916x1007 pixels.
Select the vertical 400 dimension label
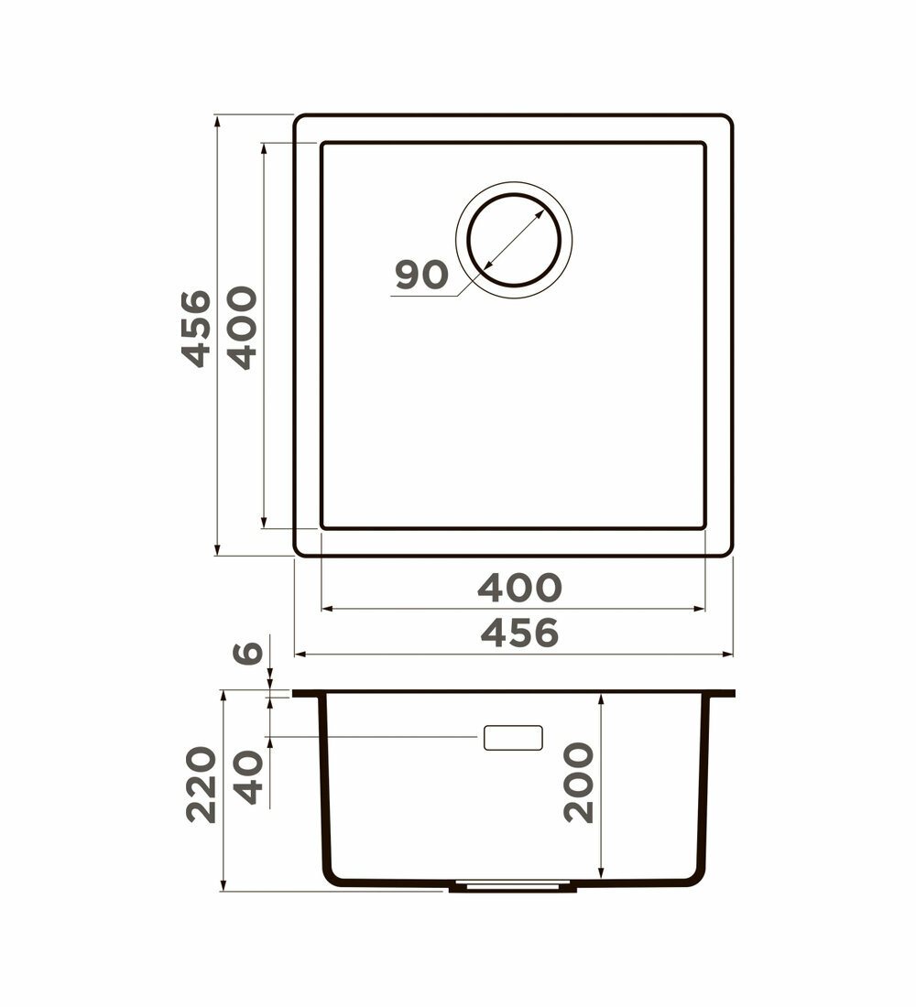pos(243,328)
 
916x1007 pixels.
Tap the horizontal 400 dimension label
pos(519,588)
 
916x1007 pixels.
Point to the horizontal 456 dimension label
pos(519,633)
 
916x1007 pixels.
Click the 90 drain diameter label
pos(421,275)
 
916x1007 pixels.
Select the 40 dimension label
pos(248,777)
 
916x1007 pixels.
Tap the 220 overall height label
pos(202,785)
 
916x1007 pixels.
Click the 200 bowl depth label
pos(579,782)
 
